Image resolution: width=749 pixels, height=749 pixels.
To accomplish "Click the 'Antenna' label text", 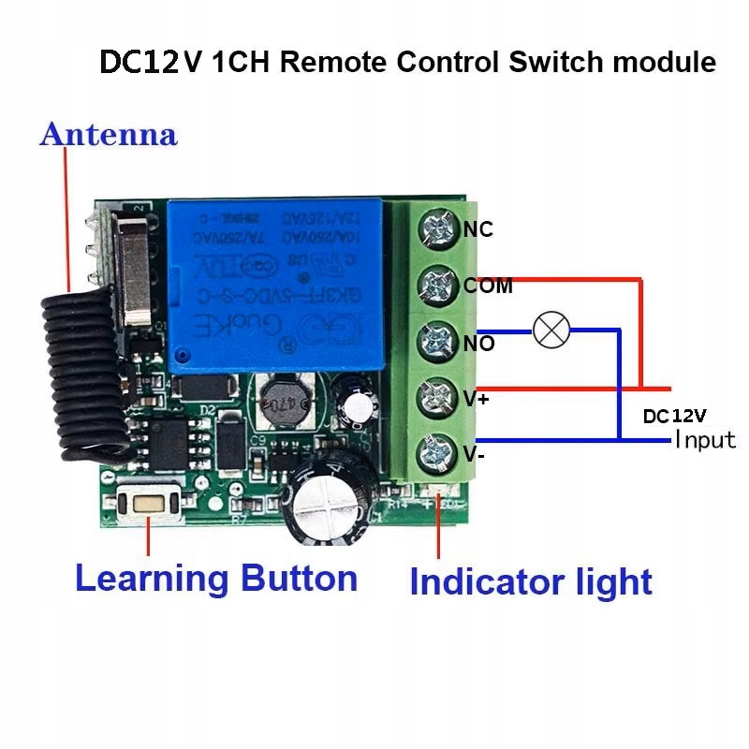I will click(x=108, y=134).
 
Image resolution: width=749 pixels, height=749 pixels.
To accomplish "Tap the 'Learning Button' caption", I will click(x=216, y=577).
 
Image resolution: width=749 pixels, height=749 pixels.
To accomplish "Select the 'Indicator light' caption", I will click(x=530, y=581).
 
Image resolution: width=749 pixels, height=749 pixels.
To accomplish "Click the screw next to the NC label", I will click(x=434, y=228).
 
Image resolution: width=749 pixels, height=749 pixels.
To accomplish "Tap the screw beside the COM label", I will click(x=434, y=283).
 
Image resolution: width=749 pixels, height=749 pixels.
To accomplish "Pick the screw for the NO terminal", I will click(x=434, y=340).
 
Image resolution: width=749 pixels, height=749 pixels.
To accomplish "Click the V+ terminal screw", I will click(x=434, y=396).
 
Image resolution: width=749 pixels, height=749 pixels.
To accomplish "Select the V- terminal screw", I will click(x=434, y=453).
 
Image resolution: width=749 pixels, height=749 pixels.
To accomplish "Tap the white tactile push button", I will click(x=151, y=503).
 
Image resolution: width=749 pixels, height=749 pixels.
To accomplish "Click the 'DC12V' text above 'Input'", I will click(x=674, y=415).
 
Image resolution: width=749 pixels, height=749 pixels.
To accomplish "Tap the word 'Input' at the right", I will click(x=705, y=439).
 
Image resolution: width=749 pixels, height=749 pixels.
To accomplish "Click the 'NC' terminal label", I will click(x=478, y=229).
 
